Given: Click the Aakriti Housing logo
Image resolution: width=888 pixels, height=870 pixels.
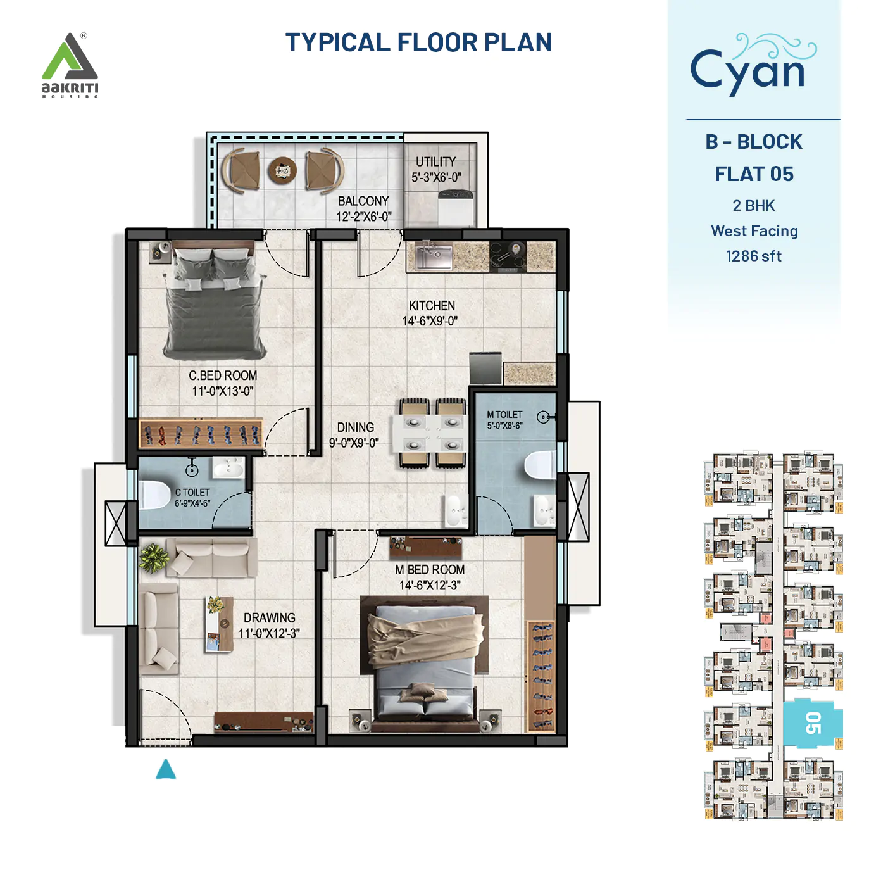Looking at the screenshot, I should point(70,65).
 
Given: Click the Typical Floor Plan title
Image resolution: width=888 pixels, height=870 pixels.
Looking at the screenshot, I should point(418,42).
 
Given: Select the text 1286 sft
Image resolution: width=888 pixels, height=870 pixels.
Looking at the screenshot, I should point(753,256).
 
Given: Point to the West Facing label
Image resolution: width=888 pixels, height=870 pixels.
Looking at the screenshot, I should point(754,231).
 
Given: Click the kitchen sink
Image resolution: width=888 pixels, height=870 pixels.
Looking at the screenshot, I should point(434,256).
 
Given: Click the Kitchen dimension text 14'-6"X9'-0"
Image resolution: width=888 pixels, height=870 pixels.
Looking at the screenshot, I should point(430,321).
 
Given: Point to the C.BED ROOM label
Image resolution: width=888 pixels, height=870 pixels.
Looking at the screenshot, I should point(223,375).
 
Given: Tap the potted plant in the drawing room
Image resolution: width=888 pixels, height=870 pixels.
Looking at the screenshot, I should point(153,558).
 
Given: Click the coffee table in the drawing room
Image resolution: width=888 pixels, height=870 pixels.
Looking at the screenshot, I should point(216,624).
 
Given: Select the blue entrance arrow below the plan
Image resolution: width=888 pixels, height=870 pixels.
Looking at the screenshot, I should point(166,769).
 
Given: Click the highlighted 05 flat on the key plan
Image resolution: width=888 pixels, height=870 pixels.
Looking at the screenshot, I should point(813,723).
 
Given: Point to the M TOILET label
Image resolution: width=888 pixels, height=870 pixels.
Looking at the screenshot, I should point(504,415).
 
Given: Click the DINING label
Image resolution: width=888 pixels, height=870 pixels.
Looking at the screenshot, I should point(355,427).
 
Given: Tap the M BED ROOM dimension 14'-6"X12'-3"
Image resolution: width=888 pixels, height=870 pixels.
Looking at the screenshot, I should point(430,585).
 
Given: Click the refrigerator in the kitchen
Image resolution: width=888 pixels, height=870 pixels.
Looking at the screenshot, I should point(485,369).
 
